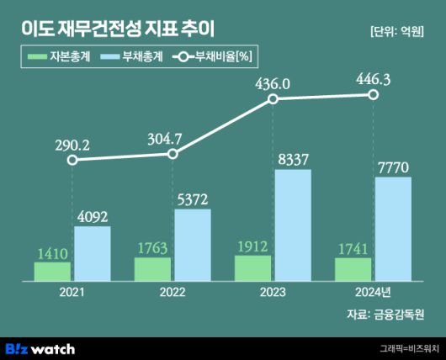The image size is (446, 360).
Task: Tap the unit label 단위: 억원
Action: (x=398, y=32)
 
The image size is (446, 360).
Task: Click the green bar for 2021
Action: (x=52, y=270)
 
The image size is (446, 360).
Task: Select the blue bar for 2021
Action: (x=92, y=252)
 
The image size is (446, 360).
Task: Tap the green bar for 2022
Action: (x=152, y=268)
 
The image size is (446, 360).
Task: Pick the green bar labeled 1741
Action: (x=353, y=268)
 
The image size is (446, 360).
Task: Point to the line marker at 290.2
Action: (x=72, y=160)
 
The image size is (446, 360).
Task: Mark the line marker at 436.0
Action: (x=273, y=99)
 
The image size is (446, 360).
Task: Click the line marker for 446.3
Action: (x=373, y=95)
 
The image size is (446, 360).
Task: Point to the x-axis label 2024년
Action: (x=373, y=292)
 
